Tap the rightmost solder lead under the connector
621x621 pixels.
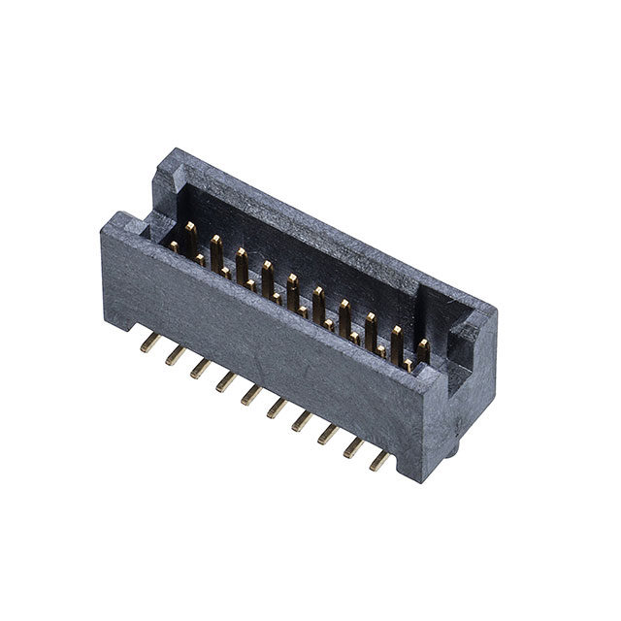380,460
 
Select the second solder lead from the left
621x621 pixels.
176,355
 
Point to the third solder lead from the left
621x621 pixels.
201,368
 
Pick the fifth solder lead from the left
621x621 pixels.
251,394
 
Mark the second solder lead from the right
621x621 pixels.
354,446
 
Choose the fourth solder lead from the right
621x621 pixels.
303,420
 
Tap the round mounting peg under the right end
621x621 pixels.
453,452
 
